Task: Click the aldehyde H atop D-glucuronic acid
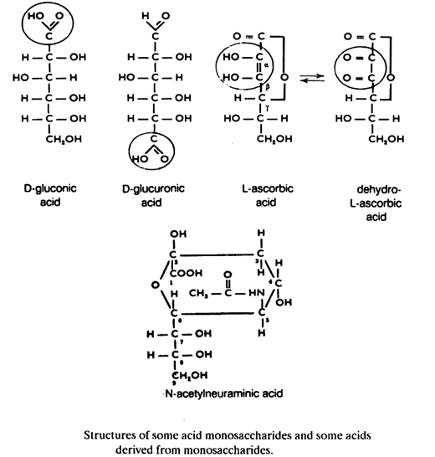pos(147,14)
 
